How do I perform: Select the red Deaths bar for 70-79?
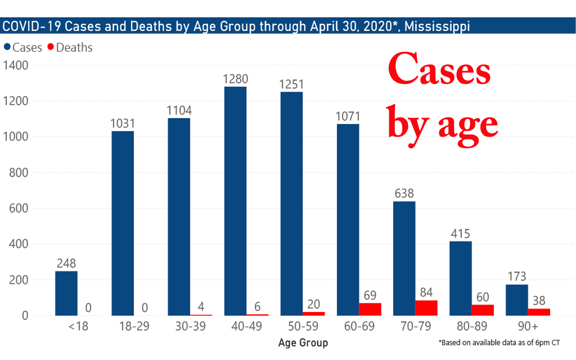426,308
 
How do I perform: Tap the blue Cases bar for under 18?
66,293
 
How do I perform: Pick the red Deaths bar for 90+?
539,312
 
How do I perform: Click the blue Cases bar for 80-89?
460,278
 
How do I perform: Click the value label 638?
404,194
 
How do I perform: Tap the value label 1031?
122,124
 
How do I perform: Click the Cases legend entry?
23,48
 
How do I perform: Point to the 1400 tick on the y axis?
16,65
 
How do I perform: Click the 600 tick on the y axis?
19,208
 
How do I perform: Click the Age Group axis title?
303,343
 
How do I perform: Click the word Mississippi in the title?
437,26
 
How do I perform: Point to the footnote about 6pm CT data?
500,343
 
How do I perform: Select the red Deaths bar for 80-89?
482,310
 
